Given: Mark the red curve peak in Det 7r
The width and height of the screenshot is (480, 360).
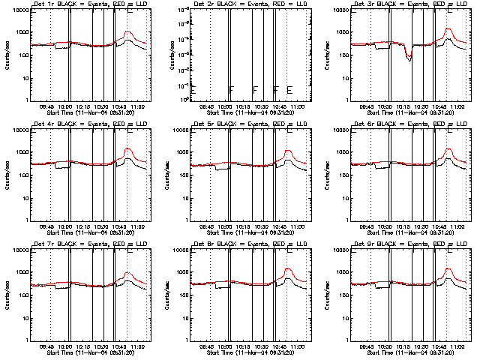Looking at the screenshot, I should pos(127,274).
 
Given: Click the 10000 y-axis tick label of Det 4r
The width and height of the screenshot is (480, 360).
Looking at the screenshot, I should pos(19,130).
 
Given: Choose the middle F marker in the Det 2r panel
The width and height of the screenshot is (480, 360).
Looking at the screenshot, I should pos(256,90).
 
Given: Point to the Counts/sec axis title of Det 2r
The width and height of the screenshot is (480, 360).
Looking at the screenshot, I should pos(166,55).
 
